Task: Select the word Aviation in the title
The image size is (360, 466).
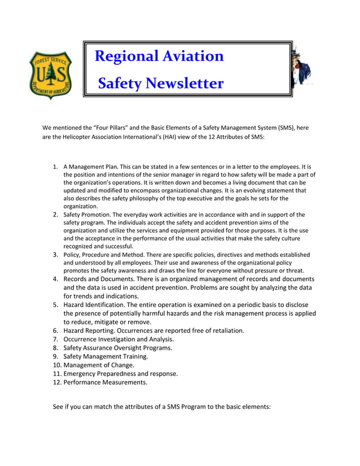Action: coord(194,56)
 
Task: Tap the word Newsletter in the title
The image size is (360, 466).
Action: coord(184,84)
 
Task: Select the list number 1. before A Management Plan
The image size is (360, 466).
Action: coord(56,167)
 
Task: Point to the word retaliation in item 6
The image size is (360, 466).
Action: coord(225,331)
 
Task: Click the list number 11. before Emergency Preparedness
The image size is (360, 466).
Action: coord(56,373)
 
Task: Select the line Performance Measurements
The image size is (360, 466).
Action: coord(106,382)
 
